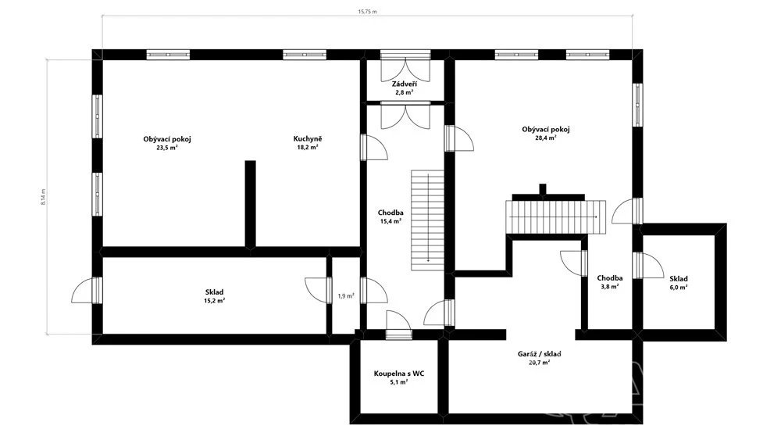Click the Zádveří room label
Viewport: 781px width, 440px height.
[x=404, y=84]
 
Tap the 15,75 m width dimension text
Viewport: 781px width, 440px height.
[x=367, y=12]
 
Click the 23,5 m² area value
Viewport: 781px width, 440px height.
[x=167, y=148]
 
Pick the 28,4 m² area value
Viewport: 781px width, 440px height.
[x=545, y=138]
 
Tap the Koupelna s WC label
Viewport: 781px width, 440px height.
[x=399, y=374]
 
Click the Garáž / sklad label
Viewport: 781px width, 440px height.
[x=540, y=354]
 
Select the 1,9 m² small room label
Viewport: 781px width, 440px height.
[x=346, y=296]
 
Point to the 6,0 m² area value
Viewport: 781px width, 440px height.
[x=679, y=288]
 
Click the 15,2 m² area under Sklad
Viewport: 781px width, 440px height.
[x=214, y=301]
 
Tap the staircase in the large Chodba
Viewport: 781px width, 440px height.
[x=427, y=220]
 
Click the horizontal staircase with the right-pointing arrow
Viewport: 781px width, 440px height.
[x=556, y=216]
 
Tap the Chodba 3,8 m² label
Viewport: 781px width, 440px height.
[x=610, y=283]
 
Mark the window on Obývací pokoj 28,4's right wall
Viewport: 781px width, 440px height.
[x=637, y=105]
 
